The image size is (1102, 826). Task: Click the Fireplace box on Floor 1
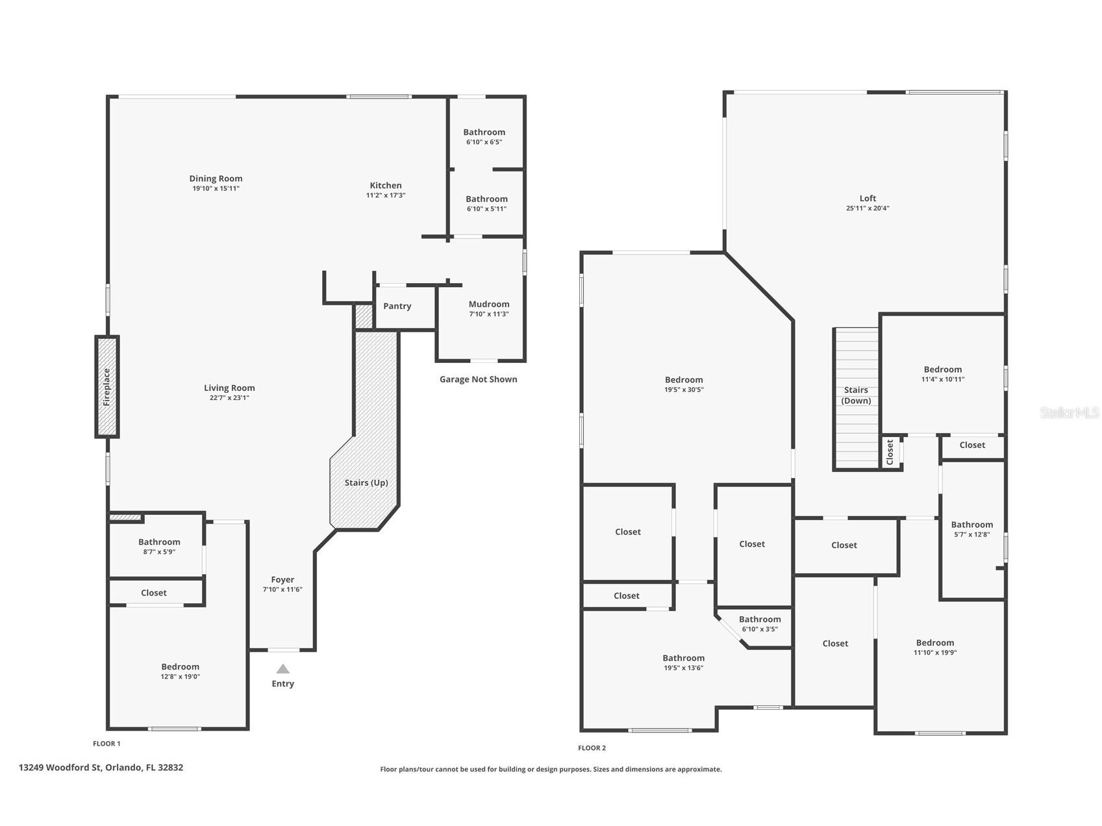click(107, 387)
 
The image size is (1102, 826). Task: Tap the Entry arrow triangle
click(282, 669)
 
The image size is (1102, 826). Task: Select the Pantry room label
click(397, 306)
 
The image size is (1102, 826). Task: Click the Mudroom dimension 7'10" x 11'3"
click(489, 314)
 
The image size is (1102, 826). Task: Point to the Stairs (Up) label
click(366, 482)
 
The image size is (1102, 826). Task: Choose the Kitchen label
click(386, 185)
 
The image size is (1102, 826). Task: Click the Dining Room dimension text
click(216, 188)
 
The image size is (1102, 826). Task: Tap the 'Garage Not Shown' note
click(478, 379)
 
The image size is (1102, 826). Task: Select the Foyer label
click(282, 579)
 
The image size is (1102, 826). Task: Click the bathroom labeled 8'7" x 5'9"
click(159, 546)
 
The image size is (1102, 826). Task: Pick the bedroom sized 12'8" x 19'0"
click(181, 671)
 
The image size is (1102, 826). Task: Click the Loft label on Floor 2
click(868, 198)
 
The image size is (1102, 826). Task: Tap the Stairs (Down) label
click(856, 395)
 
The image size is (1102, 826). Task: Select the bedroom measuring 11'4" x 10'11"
click(942, 373)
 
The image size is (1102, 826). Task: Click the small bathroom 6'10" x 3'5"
click(760, 623)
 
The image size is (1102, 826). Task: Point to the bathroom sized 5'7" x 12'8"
click(971, 529)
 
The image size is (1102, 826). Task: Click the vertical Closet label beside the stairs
click(890, 452)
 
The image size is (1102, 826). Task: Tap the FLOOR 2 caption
click(592, 747)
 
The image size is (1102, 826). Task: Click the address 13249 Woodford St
click(101, 767)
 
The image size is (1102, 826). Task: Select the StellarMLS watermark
click(1069, 412)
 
